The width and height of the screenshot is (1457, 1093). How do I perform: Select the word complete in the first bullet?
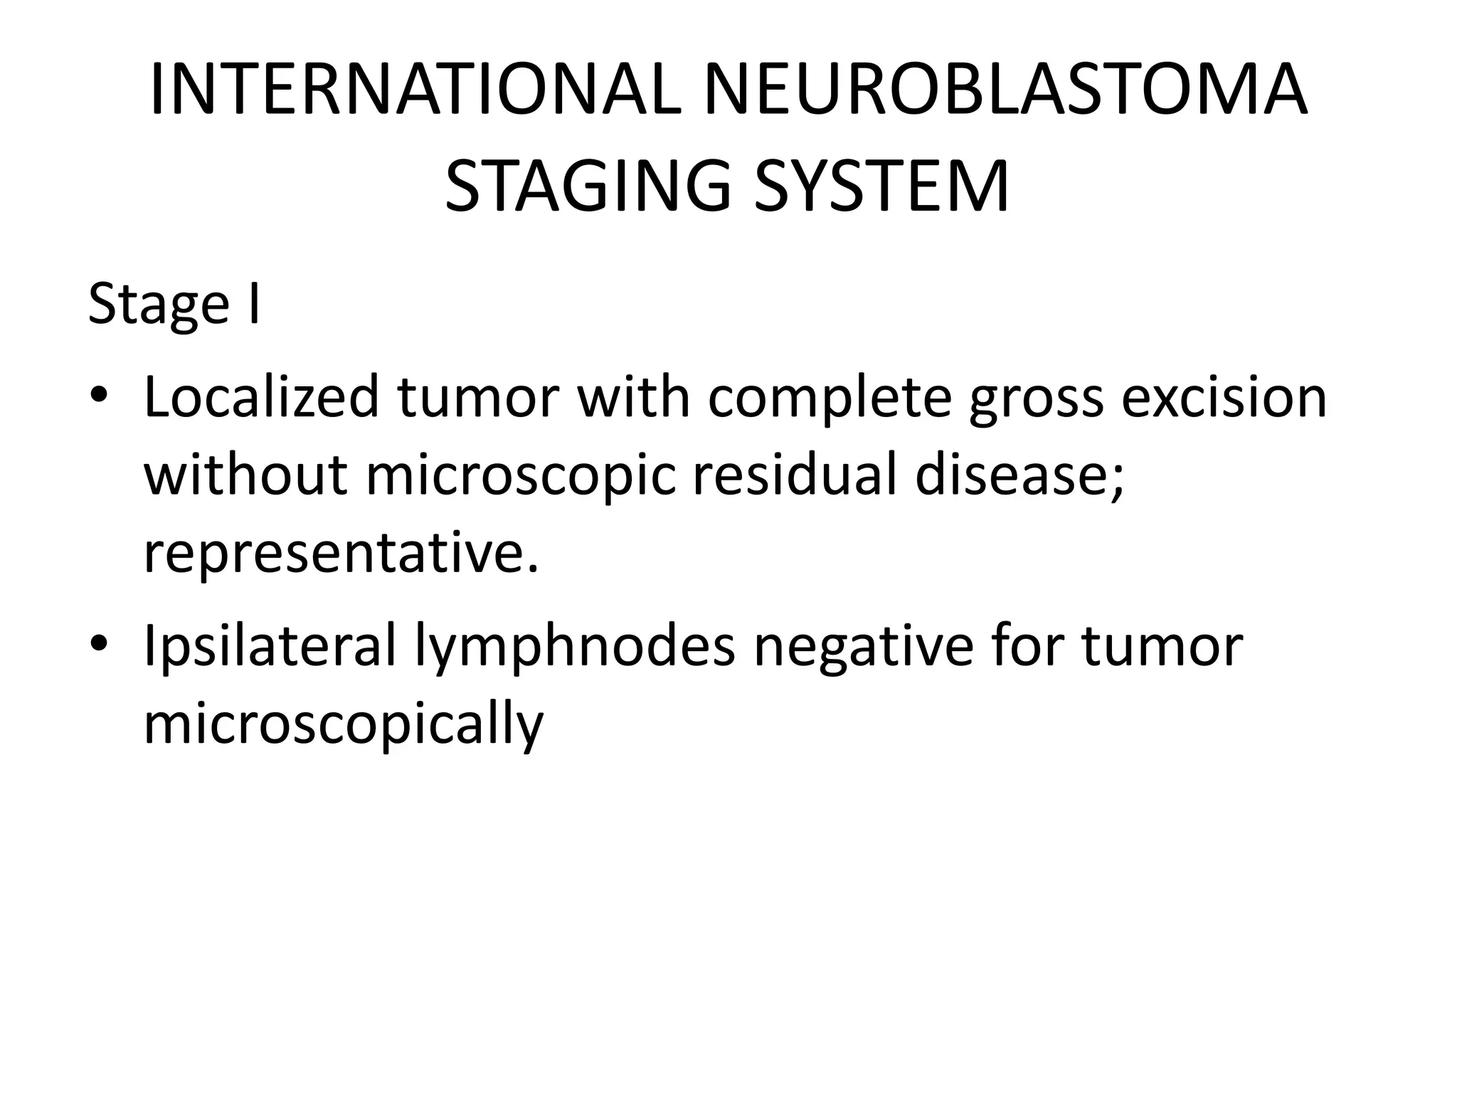point(830,398)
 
